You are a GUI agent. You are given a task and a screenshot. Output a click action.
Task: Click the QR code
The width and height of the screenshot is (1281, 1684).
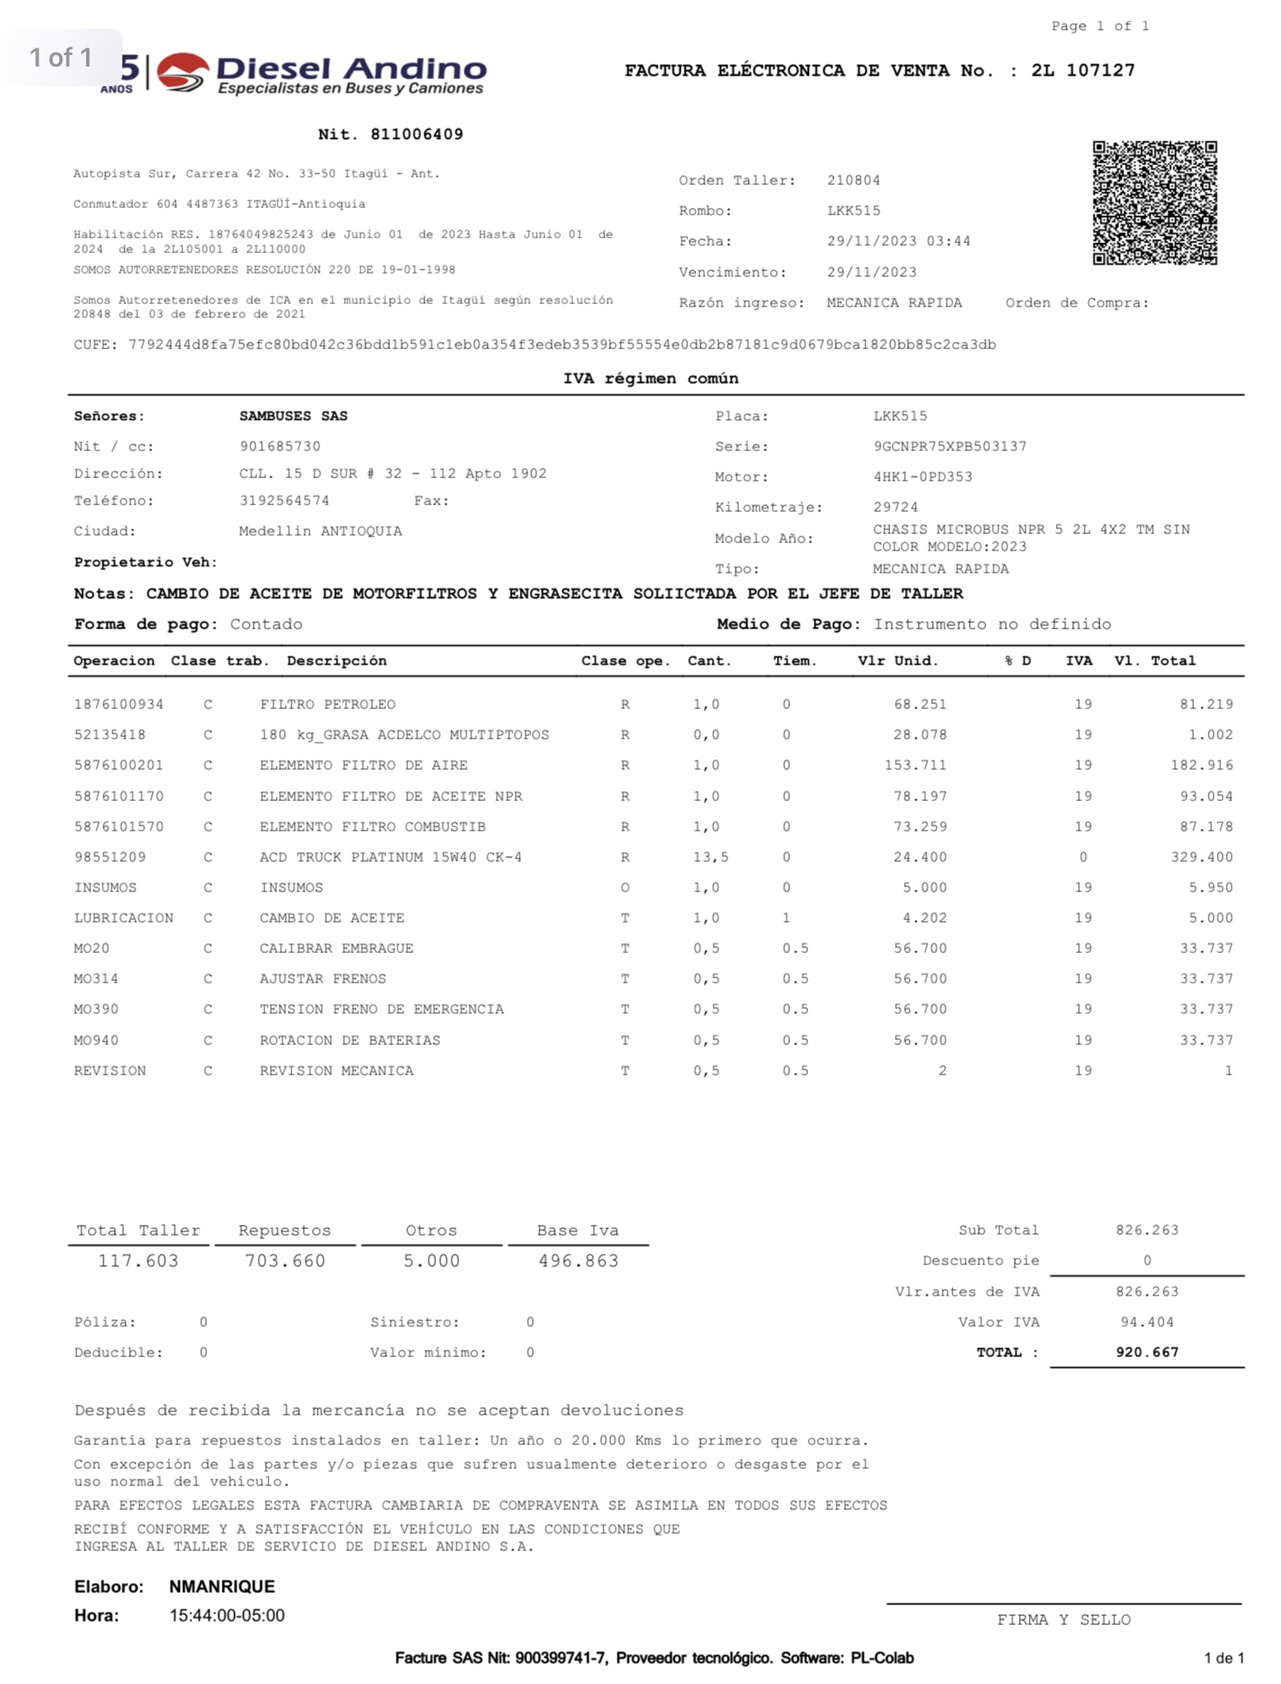(x=1154, y=203)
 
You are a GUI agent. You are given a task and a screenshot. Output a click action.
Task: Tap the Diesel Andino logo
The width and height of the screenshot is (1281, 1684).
(x=320, y=75)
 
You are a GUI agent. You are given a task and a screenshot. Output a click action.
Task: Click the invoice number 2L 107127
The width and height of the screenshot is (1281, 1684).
(x=1083, y=71)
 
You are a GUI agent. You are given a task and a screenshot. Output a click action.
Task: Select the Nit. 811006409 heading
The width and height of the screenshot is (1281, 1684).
(x=391, y=135)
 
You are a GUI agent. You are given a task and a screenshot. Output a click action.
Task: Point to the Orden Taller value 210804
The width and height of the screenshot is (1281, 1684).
(x=853, y=181)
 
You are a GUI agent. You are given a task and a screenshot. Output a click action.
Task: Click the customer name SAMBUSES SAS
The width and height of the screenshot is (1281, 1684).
(x=293, y=416)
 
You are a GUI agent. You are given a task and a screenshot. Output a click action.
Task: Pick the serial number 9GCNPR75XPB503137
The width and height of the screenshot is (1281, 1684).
(x=949, y=447)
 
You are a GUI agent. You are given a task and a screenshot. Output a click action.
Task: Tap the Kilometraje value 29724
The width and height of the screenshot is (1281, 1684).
(x=895, y=508)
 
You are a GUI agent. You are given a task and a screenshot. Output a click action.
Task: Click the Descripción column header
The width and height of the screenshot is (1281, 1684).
(x=337, y=661)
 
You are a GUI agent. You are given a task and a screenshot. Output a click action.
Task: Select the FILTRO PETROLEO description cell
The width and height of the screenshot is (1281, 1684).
(x=328, y=705)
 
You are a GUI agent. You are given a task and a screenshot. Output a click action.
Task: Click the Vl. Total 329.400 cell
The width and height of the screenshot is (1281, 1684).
(x=1201, y=858)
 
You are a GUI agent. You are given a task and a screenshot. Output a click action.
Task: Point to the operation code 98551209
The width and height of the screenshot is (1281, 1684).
(x=110, y=858)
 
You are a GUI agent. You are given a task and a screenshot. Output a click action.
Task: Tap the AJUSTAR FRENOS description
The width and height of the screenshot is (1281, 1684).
(x=323, y=979)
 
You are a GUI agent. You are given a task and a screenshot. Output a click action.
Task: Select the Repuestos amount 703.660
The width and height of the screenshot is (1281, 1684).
(x=285, y=1261)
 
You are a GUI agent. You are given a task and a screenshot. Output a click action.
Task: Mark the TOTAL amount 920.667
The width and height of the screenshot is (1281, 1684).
(x=1146, y=1353)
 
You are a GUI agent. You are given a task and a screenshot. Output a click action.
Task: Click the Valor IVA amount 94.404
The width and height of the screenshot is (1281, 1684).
(x=1146, y=1323)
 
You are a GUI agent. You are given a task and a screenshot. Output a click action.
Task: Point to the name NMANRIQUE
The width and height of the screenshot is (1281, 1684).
(x=222, y=1587)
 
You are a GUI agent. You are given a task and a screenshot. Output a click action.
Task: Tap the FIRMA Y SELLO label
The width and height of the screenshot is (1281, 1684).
(x=1063, y=1621)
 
